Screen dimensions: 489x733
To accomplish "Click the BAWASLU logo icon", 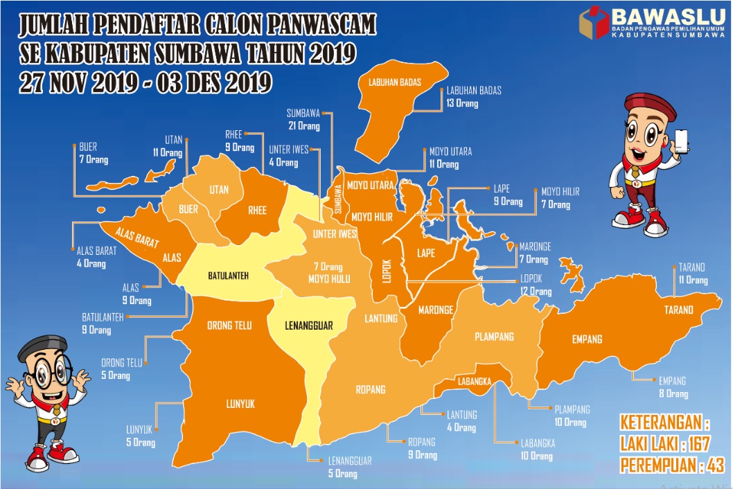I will [x=594, y=23].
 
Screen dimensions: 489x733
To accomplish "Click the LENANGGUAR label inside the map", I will [x=309, y=324].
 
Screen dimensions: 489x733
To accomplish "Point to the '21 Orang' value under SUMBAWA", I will [x=304, y=126].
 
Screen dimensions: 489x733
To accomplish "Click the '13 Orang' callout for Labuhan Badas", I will [x=462, y=103].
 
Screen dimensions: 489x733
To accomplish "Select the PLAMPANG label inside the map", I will [x=494, y=337].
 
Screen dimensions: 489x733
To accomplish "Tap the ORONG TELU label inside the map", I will [x=229, y=326].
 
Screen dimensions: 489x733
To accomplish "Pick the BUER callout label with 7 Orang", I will [x=88, y=153].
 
